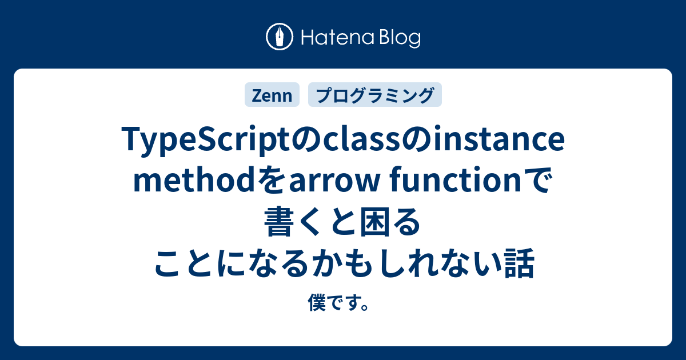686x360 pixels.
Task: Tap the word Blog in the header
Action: coord(398,38)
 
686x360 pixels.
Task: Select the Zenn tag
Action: coord(272,95)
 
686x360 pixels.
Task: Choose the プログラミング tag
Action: coord(374,95)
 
